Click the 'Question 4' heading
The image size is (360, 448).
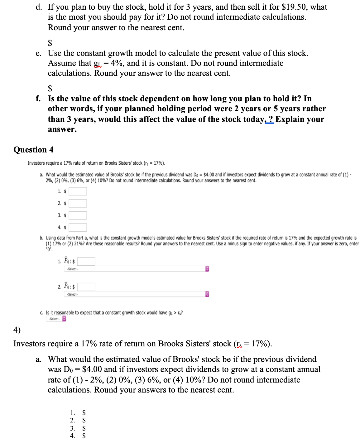click(x=33, y=150)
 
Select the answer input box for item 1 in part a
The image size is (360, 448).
click(x=78, y=191)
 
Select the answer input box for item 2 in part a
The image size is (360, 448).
click(x=78, y=204)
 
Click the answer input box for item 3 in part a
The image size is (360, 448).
click(x=78, y=215)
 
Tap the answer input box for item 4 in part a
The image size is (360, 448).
click(x=78, y=228)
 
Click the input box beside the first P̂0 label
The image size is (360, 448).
click(x=86, y=262)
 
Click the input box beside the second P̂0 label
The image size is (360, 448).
click(x=86, y=287)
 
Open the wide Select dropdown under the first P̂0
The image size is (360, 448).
click(x=137, y=269)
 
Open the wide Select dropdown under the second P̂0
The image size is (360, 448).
click(x=137, y=294)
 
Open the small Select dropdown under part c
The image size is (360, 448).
click(x=56, y=319)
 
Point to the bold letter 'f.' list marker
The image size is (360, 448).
click(x=38, y=99)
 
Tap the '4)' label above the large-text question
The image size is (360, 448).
click(x=17, y=330)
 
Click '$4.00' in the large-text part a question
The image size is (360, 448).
click(x=92, y=369)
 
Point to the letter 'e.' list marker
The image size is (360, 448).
click(x=38, y=53)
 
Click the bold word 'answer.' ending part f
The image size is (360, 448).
click(x=62, y=129)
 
